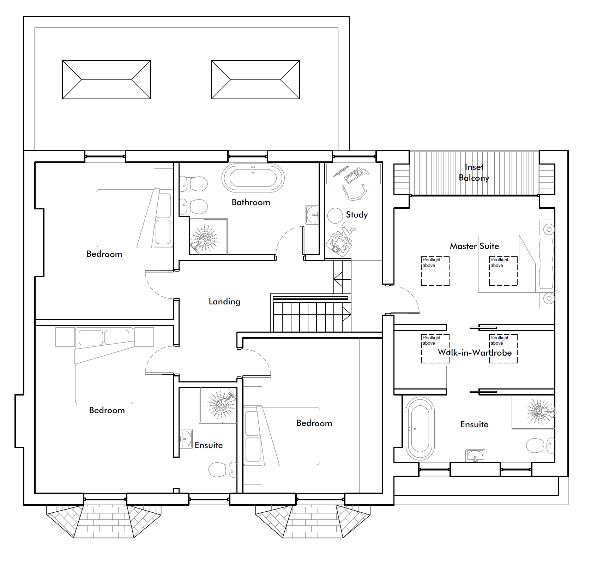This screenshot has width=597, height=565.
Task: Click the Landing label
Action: pyautogui.click(x=224, y=302)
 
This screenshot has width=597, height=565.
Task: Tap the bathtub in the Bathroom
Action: pyautogui.click(x=253, y=178)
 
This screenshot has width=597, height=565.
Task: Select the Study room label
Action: pyautogui.click(x=357, y=215)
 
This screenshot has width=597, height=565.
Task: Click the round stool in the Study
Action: pyautogui.click(x=335, y=216)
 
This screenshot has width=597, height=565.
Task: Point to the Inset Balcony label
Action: pyautogui.click(x=474, y=172)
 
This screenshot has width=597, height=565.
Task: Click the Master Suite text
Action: pyautogui.click(x=474, y=246)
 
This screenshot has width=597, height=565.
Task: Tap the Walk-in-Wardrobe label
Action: pyautogui.click(x=475, y=352)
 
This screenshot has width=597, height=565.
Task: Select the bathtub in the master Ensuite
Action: pyautogui.click(x=420, y=429)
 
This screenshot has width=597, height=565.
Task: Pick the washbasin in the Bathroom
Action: pyautogui.click(x=312, y=215)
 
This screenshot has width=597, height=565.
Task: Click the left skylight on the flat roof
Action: pyautogui.click(x=107, y=79)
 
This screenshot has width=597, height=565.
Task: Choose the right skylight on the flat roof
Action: pyautogui.click(x=255, y=79)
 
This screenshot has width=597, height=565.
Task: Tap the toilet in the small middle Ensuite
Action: pyautogui.click(x=223, y=470)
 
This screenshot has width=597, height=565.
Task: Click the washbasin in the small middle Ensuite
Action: pyautogui.click(x=186, y=439)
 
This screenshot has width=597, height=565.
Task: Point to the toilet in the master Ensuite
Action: pyautogui.click(x=540, y=446)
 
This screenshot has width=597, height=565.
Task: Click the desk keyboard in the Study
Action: pyautogui.click(x=354, y=175)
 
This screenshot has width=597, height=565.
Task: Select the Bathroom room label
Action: pyautogui.click(x=251, y=202)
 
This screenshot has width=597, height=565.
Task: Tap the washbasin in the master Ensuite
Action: pyautogui.click(x=475, y=456)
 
